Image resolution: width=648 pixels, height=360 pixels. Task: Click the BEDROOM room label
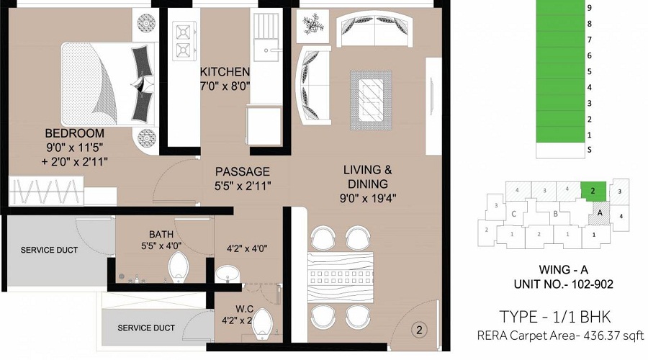(74, 133)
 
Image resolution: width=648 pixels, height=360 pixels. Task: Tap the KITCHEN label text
(225, 72)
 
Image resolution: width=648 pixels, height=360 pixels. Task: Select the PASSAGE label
(243, 172)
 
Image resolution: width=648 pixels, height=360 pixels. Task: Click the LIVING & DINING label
(367, 171)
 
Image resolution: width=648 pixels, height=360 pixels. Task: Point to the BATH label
(161, 234)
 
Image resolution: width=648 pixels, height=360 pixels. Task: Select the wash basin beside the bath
(228, 274)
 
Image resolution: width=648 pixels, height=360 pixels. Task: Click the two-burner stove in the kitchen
(182, 42)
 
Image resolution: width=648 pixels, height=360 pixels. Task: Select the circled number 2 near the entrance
(418, 330)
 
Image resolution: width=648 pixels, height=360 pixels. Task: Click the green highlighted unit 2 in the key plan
(593, 190)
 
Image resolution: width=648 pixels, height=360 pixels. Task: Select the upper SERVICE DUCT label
(48, 250)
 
